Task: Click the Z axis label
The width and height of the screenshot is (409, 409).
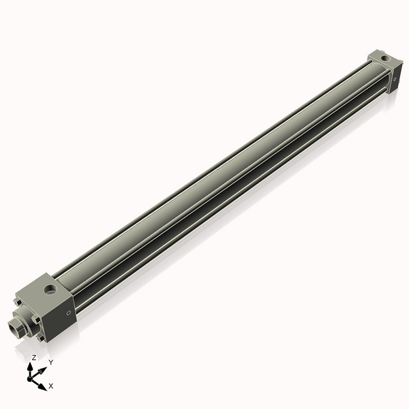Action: point(33,357)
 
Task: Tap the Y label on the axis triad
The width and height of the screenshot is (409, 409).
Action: point(51,362)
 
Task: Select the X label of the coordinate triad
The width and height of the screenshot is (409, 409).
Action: point(51,386)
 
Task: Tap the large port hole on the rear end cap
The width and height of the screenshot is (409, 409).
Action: point(387,60)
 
